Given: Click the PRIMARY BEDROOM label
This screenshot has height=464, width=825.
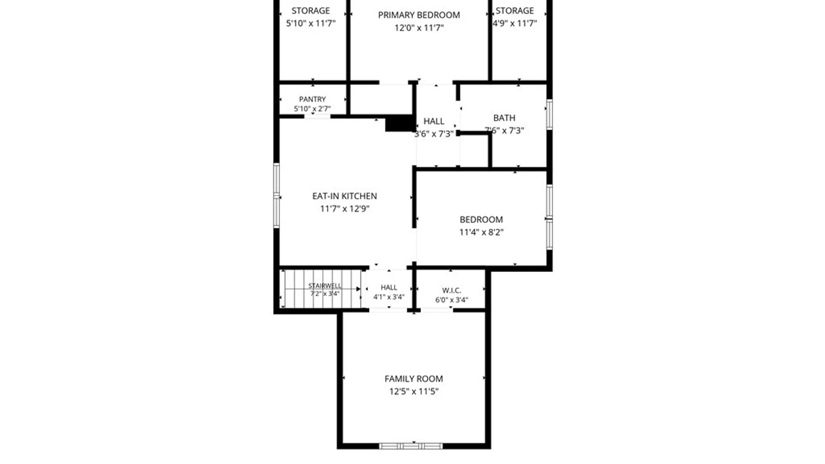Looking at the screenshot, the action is [x=419, y=15].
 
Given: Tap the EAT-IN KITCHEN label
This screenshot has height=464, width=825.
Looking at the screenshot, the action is [x=345, y=196].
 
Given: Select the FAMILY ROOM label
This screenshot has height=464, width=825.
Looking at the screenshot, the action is [x=414, y=379].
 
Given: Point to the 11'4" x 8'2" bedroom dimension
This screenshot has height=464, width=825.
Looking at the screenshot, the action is [x=481, y=232].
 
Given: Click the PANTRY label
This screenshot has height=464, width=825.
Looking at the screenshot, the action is [x=312, y=99].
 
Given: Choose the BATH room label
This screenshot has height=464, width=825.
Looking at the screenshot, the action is [x=504, y=118].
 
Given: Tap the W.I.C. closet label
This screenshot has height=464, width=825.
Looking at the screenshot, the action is [x=452, y=290].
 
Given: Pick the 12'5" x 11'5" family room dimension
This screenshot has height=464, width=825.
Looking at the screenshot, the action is [x=414, y=391].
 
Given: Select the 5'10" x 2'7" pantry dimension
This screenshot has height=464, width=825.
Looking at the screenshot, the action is [x=312, y=109].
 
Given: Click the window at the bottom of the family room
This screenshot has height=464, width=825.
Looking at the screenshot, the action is [x=411, y=446].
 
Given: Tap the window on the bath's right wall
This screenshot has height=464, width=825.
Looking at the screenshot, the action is [x=550, y=114].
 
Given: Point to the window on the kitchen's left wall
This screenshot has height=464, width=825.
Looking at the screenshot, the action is [x=277, y=195].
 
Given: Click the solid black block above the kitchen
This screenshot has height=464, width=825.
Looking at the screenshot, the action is [x=400, y=124].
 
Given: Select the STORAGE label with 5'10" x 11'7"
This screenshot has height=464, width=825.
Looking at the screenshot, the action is [x=311, y=11].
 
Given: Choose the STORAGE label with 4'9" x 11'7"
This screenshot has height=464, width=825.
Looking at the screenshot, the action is [x=515, y=11].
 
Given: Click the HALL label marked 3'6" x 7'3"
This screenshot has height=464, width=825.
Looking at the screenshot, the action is [x=434, y=121].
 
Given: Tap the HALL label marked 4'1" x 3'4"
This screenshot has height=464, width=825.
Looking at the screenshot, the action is [x=389, y=287].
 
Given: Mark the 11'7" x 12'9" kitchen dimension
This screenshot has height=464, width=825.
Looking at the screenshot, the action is [x=345, y=209].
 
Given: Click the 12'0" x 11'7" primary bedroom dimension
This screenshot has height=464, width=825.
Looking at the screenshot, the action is [x=419, y=28].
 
